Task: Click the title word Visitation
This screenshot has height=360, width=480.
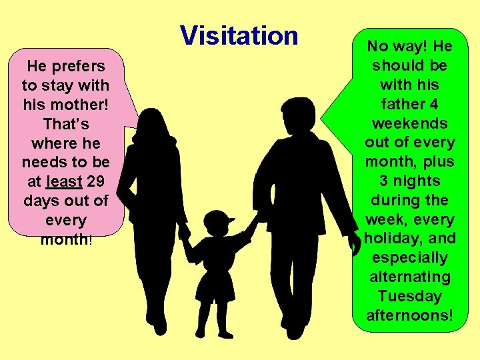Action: click(x=239, y=35)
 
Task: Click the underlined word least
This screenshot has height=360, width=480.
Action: click(x=64, y=182)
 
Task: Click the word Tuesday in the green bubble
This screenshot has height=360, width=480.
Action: click(x=409, y=295)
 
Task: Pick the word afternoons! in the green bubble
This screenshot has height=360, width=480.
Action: click(x=409, y=315)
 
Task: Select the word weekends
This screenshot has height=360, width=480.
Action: click(x=409, y=123)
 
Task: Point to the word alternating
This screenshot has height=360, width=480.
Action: click(x=409, y=277)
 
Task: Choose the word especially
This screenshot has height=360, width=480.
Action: click(x=409, y=257)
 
